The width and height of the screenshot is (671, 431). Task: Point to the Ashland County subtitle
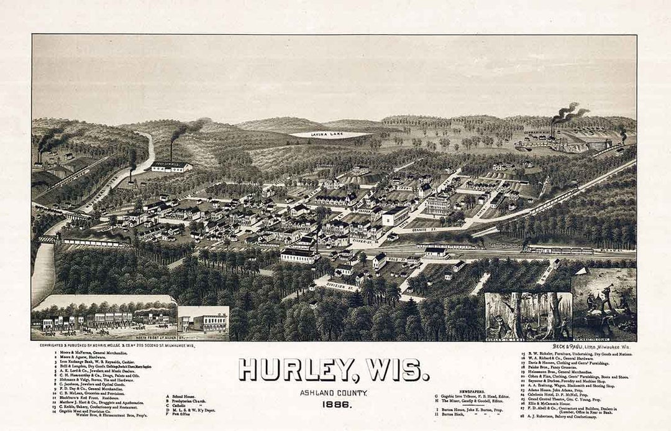[334, 392]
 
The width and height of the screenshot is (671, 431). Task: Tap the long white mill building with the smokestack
[171, 166]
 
